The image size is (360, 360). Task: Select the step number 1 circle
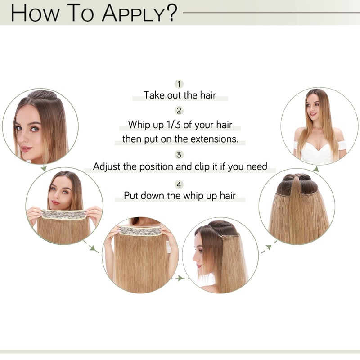tap(180, 84)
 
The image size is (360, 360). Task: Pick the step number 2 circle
tap(180, 111)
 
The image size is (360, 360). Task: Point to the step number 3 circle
tap(180, 155)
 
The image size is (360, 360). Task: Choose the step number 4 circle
tap(180, 184)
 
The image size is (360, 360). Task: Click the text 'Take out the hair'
tap(180, 95)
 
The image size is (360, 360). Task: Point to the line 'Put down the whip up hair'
tap(180, 196)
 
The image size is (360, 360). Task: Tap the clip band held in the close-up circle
tap(140, 231)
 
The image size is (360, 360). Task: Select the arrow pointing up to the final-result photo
tap(316, 169)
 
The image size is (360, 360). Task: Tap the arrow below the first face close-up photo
tap(44, 168)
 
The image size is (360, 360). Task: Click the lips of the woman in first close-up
tap(26, 148)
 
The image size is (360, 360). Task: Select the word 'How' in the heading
tap(34, 13)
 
